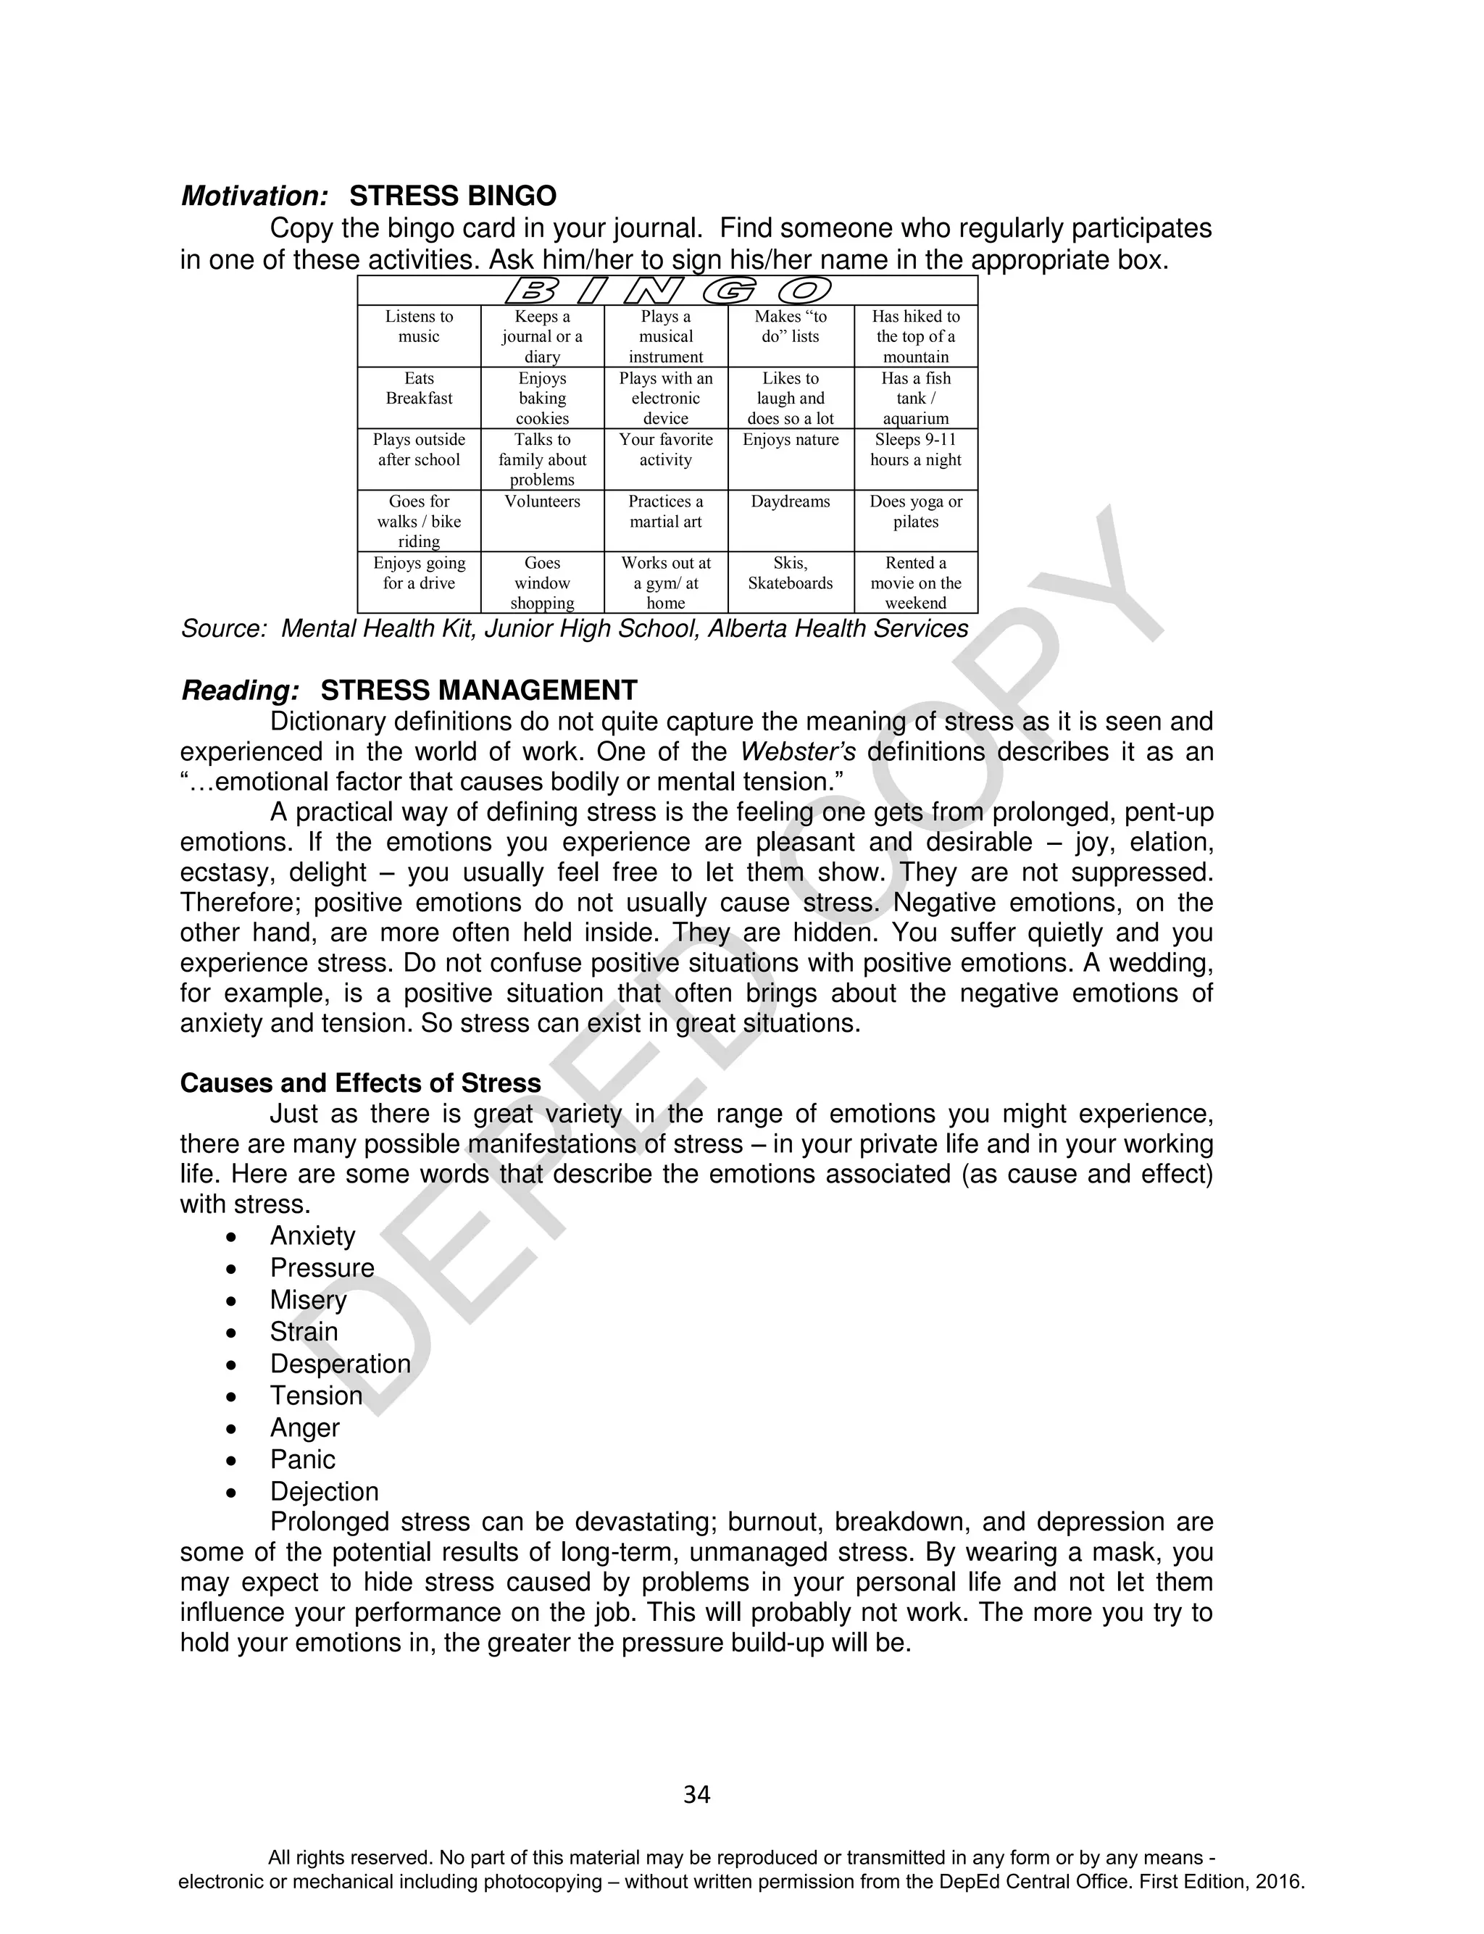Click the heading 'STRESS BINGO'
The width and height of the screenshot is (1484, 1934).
[453, 196]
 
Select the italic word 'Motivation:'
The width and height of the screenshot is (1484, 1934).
[255, 196]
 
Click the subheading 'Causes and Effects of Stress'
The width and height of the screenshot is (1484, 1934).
[360, 1083]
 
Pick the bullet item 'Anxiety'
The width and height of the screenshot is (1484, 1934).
[313, 1235]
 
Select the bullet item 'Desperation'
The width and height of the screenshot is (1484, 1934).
[340, 1364]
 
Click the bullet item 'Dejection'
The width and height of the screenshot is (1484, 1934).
[324, 1491]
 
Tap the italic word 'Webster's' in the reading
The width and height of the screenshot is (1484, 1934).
[797, 752]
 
